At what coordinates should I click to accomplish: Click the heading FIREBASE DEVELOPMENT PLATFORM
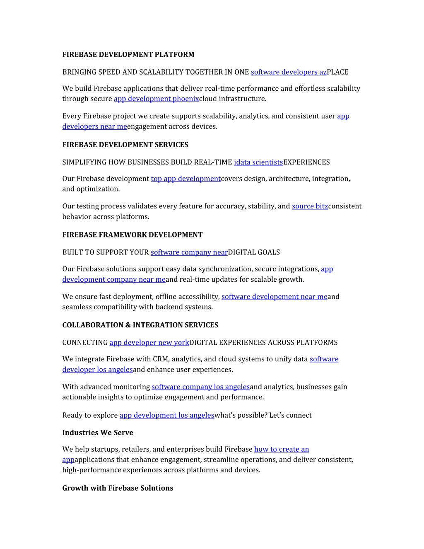[x=128, y=55]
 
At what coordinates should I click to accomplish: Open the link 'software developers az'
[x=289, y=72]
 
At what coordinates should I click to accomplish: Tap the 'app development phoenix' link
[x=156, y=99]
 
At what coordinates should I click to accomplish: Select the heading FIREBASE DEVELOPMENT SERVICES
[x=125, y=145]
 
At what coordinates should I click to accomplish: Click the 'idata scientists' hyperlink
[x=258, y=162]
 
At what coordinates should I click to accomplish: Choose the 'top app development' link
[x=185, y=179]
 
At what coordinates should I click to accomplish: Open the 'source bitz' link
[x=310, y=206]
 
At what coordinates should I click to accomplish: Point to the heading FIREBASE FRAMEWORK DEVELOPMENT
[x=132, y=235]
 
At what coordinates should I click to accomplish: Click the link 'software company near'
[x=189, y=252]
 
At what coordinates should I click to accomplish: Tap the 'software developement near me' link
[x=274, y=297]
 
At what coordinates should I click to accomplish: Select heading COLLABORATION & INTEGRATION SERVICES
[x=140, y=325]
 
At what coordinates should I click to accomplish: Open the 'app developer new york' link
[x=149, y=343]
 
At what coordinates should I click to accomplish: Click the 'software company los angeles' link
[x=200, y=387]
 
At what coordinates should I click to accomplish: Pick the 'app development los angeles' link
[x=167, y=415]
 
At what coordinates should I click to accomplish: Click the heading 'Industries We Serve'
[x=98, y=433]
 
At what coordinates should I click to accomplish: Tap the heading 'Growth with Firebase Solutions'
[x=118, y=488]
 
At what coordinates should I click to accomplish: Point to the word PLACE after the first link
[x=337, y=72]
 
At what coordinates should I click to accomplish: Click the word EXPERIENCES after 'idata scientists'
[x=306, y=162]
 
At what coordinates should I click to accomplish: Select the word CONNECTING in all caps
[x=85, y=343]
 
